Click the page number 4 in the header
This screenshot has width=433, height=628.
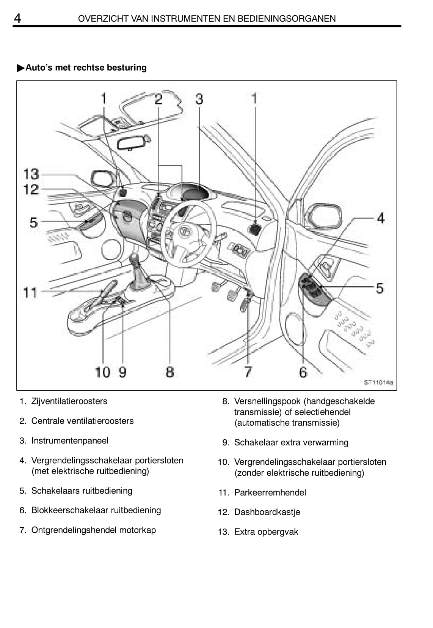tap(17, 18)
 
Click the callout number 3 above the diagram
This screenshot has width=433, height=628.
tap(199, 99)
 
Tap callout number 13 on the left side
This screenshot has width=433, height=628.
tap(31, 174)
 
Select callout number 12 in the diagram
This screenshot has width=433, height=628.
tap(31, 189)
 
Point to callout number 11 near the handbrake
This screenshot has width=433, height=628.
tap(30, 293)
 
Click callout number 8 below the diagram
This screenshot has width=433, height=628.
tap(170, 372)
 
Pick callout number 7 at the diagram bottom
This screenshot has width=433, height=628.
tap(248, 372)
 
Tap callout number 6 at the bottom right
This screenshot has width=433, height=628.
tap(303, 372)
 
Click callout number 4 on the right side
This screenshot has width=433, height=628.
tap(381, 218)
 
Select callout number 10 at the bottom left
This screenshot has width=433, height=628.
tap(102, 372)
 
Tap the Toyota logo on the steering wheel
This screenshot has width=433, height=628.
tap(184, 231)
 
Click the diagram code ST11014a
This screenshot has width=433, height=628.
tap(378, 382)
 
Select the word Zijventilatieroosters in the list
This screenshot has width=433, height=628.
tap(69, 401)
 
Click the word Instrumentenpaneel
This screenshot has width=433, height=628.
tap(70, 440)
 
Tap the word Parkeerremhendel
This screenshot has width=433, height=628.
tap(270, 492)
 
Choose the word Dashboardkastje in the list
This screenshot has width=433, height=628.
tap(267, 512)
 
